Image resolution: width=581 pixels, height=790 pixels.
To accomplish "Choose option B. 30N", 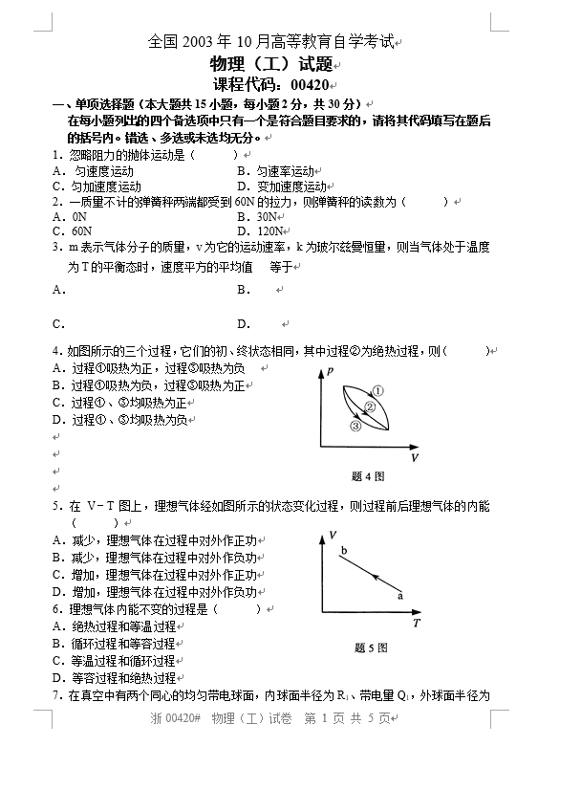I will (x=257, y=216).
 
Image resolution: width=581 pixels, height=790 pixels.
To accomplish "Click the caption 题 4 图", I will (x=368, y=475).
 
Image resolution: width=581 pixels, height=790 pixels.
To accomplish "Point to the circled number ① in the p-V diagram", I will (x=377, y=390).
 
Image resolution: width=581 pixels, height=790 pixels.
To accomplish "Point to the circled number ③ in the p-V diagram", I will (x=355, y=427).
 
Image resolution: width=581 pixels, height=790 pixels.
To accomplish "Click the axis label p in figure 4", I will (x=330, y=370).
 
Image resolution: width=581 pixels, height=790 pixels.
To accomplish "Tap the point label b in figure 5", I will (x=343, y=549).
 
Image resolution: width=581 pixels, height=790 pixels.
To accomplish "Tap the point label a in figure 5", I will (x=399, y=595).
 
